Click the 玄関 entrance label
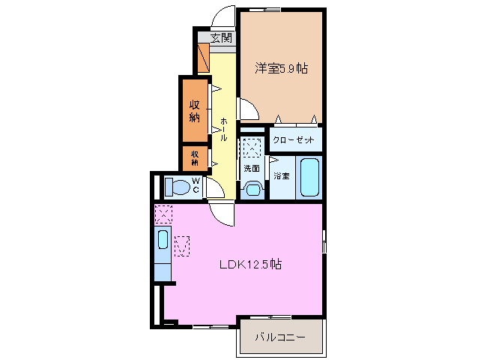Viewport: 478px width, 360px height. click(x=220, y=38)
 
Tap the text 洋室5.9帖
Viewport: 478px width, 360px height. click(x=281, y=68)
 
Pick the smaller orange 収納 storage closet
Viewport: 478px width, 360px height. click(x=195, y=157)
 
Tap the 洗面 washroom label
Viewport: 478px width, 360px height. click(x=252, y=168)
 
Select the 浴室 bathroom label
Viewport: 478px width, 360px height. click(x=281, y=176)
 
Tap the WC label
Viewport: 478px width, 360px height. click(x=196, y=185)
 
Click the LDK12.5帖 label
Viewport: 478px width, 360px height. click(x=250, y=264)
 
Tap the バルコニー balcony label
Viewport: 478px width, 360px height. click(x=279, y=338)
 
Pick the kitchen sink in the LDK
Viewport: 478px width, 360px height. click(x=163, y=241)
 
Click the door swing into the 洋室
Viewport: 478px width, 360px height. click(x=249, y=110)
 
